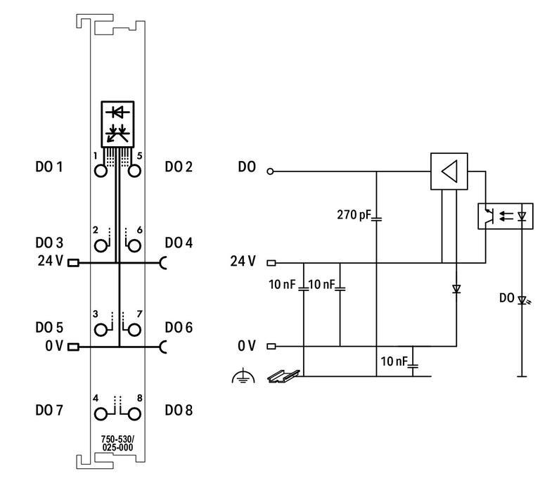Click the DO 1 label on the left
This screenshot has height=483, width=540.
[x=49, y=167]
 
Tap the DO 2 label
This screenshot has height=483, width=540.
[x=179, y=167]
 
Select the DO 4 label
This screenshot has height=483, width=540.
[x=179, y=243]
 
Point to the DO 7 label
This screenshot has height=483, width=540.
[x=49, y=410]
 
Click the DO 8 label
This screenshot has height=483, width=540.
[x=179, y=410]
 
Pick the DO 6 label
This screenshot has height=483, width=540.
[x=179, y=328]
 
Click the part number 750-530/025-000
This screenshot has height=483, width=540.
[x=118, y=444]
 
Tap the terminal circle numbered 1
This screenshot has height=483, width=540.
[x=103, y=170]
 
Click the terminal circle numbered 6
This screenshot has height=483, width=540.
[x=134, y=245]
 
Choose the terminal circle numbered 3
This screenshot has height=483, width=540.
[x=103, y=329]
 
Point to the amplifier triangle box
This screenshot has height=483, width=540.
[x=449, y=171]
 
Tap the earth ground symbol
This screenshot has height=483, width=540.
[x=240, y=378]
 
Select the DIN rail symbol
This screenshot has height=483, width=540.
[x=283, y=377]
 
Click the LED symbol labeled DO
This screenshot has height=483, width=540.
[x=522, y=300]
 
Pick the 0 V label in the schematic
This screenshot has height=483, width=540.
[x=247, y=346]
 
